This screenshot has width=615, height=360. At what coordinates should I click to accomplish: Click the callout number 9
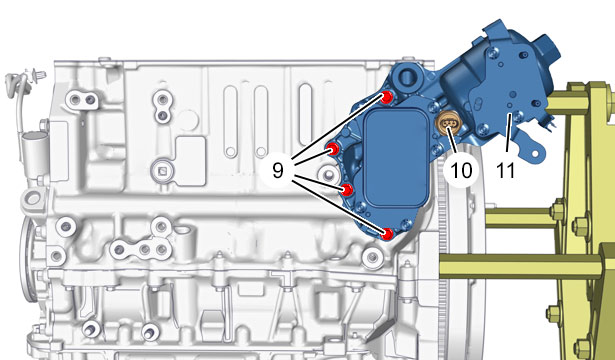(278, 170)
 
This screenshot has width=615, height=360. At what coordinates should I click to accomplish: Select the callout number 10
(461, 170)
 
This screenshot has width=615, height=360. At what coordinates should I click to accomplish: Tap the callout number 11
(505, 170)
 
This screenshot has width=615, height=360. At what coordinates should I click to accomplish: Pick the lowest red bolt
(387, 234)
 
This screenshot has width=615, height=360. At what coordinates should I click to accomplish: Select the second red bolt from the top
(333, 149)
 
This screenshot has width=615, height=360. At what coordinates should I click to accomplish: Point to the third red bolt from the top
(347, 190)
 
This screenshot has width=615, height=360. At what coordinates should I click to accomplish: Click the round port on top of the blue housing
(406, 76)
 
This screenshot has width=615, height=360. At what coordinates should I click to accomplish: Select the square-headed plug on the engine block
(162, 170)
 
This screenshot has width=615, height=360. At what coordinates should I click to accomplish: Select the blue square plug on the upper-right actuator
(548, 46)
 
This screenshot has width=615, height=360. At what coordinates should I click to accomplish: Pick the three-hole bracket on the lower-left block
(140, 249)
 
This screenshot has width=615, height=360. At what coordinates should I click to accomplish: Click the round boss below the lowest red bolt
(372, 257)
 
